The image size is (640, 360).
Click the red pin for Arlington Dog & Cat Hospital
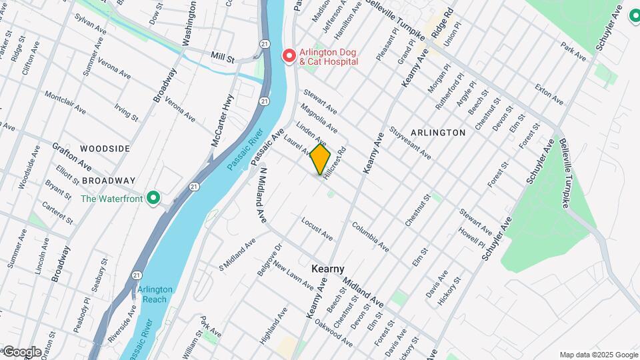click(289, 55)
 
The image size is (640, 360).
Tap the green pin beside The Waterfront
click(153, 197)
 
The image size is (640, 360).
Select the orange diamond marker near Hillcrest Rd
click(321, 161)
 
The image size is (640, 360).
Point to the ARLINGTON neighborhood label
click(438, 133)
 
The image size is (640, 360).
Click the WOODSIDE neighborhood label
click(105, 149)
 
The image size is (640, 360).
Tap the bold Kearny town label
click(328, 269)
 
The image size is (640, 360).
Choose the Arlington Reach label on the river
click(155, 294)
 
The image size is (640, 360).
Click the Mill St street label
click(222, 59)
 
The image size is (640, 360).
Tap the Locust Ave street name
click(317, 228)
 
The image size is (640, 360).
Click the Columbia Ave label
click(371, 237)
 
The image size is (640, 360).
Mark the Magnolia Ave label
click(319, 118)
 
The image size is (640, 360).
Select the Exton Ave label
click(549, 95)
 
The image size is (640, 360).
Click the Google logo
click(22, 351)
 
